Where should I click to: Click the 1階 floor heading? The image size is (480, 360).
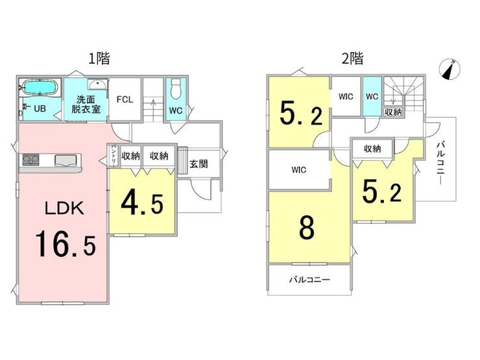tap(99, 58)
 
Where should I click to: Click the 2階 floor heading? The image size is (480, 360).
tap(352, 58)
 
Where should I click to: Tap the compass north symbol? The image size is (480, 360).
tap(450, 69)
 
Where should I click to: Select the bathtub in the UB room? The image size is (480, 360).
tap(40, 88)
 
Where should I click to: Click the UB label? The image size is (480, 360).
tap(40, 108)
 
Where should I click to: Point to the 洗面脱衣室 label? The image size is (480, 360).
tap(86, 104)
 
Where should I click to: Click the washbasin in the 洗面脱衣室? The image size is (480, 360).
tap(98, 84)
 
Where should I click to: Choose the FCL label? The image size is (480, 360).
tap(125, 99)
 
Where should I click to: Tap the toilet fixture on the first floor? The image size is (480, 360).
tap(176, 89)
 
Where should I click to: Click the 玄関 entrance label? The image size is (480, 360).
tap(198, 163)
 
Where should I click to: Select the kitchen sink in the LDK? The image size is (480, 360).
tap(66, 160)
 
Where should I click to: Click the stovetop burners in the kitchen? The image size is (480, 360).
tap(29, 160)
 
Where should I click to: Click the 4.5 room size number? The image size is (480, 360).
tap(142, 204)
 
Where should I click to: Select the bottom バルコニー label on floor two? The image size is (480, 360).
tap(309, 280)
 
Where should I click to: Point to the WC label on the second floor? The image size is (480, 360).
tap(372, 97)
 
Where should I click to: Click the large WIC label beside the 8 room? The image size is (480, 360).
tap(299, 169)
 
